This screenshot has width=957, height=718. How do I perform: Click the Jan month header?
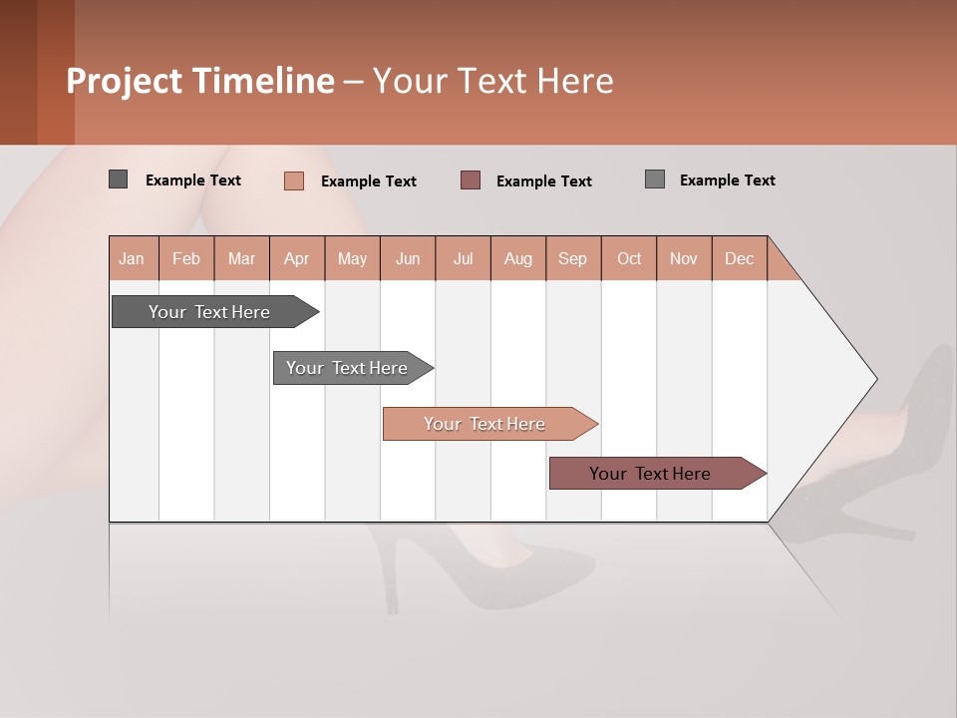pyautogui.click(x=132, y=258)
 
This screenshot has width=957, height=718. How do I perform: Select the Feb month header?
pyautogui.click(x=186, y=258)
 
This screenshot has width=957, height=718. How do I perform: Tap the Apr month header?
pyautogui.click(x=297, y=258)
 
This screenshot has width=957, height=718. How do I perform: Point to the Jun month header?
pyautogui.click(x=408, y=258)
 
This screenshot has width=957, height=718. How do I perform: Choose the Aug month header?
pyautogui.click(x=518, y=258)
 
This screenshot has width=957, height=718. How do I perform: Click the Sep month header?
pyautogui.click(x=573, y=258)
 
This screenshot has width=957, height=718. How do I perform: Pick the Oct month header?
pyautogui.click(x=629, y=258)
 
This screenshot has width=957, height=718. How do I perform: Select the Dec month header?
pyautogui.click(x=740, y=258)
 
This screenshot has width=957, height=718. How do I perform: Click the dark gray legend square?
pyautogui.click(x=119, y=179)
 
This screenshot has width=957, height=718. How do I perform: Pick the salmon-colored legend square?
pyautogui.click(x=294, y=180)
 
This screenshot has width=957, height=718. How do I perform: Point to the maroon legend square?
pyautogui.click(x=471, y=179)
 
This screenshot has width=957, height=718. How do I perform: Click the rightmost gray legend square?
pyautogui.click(x=655, y=179)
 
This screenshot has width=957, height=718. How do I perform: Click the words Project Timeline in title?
pyautogui.click(x=200, y=81)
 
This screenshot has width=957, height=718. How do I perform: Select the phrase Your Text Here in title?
pyautogui.click(x=492, y=81)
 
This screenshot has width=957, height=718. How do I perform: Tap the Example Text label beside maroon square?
pyautogui.click(x=544, y=180)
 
